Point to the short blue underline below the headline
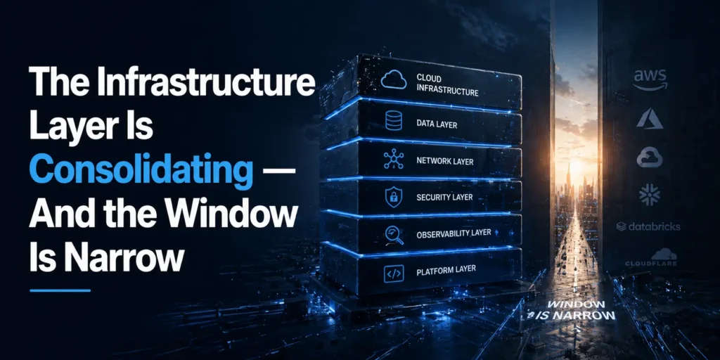(60, 290)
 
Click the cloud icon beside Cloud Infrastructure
(394, 80)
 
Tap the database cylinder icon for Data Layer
(393, 121)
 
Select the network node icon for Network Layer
(393, 159)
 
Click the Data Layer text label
(437, 124)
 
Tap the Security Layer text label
(444, 198)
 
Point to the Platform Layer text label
(446, 270)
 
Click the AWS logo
(650, 80)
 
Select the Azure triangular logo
(649, 118)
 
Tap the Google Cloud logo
(650, 157)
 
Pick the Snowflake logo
(649, 194)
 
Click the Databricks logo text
(648, 226)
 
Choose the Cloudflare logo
(650, 257)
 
